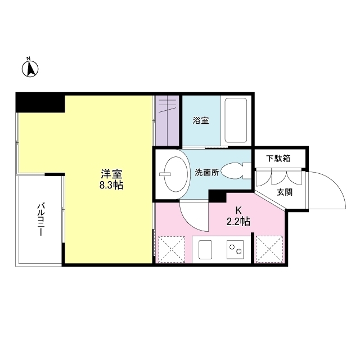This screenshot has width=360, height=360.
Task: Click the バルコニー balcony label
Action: coord(41,220)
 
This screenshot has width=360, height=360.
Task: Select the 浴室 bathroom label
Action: coord(201,120)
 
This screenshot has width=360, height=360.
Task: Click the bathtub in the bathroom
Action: coord(236,121)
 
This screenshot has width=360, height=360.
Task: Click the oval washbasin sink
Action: coord(173,173)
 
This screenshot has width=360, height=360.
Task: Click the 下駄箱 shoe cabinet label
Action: coord(278,158)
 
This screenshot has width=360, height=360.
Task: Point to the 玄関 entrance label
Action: coord(285,192)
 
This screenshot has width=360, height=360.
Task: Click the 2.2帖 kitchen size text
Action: coord(238,222)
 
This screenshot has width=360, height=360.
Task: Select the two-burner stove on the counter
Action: coord(236,248)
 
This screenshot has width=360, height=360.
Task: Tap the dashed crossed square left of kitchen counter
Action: coord(173,249)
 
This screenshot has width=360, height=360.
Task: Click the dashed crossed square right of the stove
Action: coord(268,249)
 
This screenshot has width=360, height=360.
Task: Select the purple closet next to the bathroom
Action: coord(167,121)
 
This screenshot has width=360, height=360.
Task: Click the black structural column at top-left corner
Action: coord(39,103)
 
